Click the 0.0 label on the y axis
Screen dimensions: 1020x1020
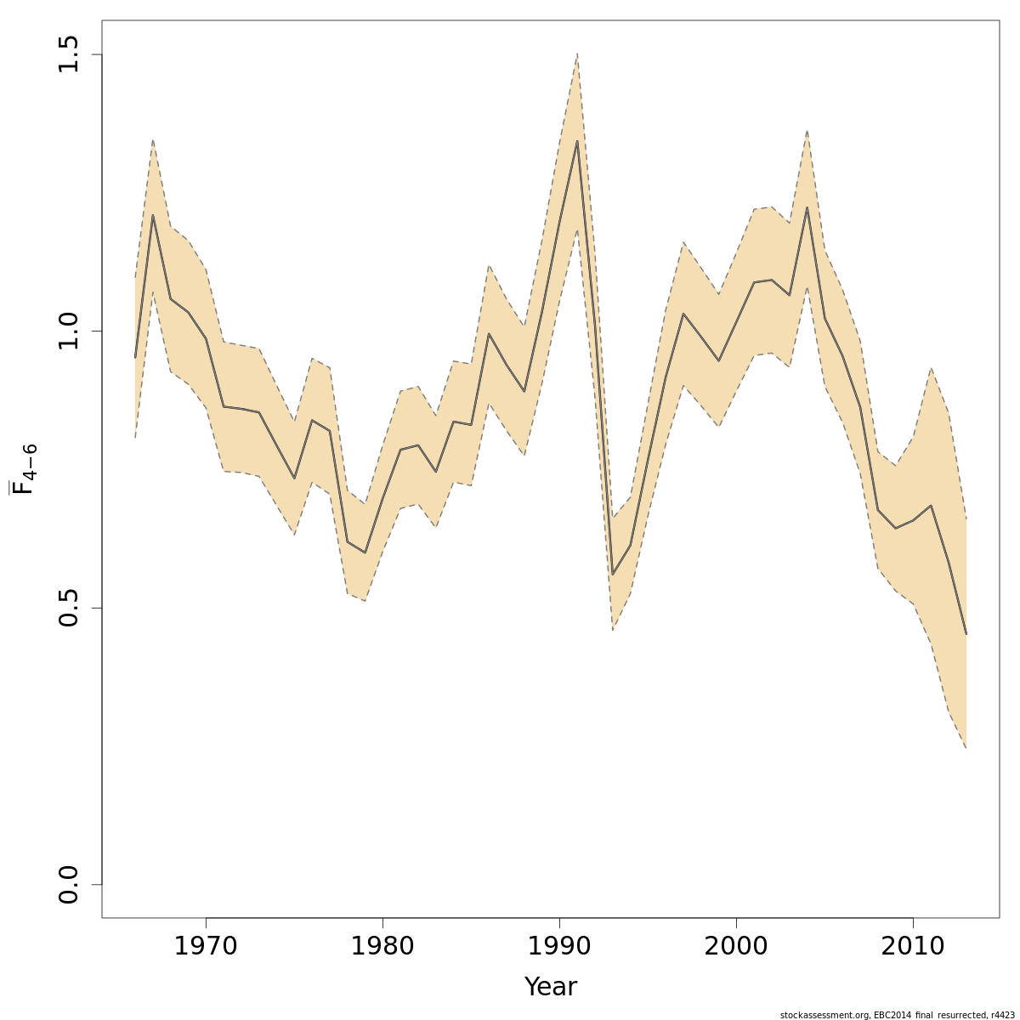(70, 885)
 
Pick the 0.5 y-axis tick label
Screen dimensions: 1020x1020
(70, 608)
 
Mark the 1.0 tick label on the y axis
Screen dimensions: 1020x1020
(70, 331)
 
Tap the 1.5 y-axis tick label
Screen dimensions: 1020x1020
(70, 54)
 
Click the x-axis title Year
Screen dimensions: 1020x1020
(550, 987)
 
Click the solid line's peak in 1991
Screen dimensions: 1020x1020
(577, 141)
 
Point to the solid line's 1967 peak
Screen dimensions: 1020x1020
(153, 215)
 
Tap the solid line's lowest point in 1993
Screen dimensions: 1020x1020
(613, 575)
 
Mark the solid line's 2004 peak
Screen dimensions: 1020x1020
(807, 207)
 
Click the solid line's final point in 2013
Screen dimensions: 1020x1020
(966, 633)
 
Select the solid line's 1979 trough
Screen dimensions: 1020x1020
(365, 552)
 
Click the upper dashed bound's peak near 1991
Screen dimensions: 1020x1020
(577, 54)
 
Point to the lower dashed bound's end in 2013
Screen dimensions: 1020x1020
(966, 748)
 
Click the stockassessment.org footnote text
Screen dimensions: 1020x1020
(897, 1014)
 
